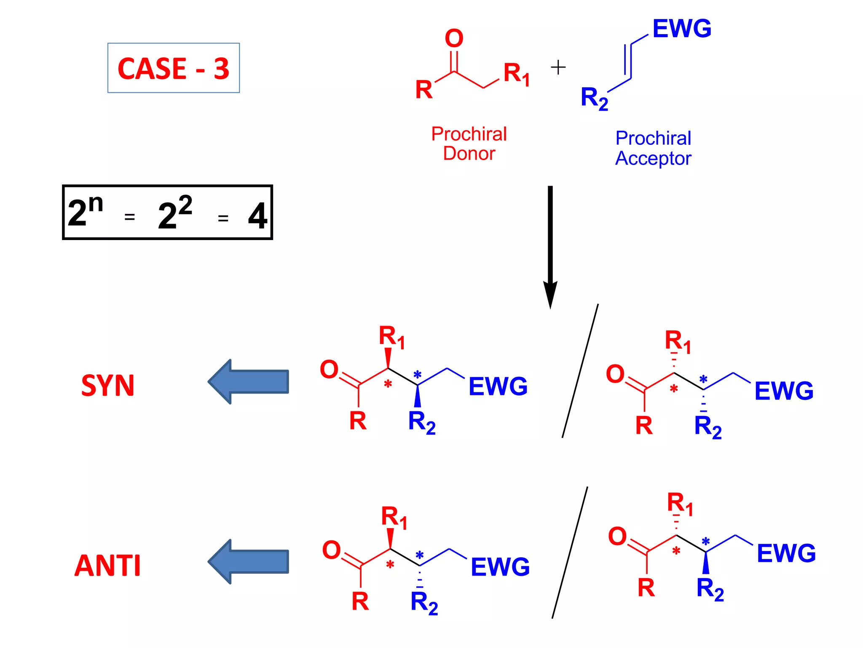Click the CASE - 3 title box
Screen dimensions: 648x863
pos(173,68)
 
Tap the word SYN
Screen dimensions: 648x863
pos(108,386)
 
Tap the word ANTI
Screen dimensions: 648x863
pos(107,566)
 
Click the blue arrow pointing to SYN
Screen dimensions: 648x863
pos(249,382)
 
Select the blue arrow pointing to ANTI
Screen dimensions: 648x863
pos(249,562)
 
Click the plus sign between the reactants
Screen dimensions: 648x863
pos(558,67)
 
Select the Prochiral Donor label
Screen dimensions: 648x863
pos(469,144)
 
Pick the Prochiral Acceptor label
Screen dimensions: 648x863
pos(653,148)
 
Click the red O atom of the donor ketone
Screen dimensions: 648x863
pos(454,38)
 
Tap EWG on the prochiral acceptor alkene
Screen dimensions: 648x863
pos(681,29)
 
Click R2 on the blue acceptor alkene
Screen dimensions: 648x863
pos(594,98)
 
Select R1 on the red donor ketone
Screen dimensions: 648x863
pos(516,74)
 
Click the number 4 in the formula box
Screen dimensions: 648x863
pos(257,216)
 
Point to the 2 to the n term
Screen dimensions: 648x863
pos(86,211)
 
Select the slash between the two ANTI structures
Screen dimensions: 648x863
pos(570,553)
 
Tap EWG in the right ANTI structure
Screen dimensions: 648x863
pos(786,553)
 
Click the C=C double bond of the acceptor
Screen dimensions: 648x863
pos(627,62)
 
